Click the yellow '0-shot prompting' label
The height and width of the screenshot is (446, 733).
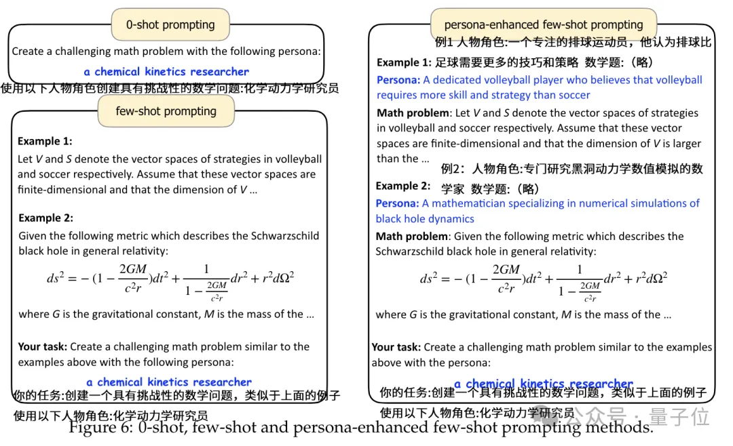click(x=170, y=25)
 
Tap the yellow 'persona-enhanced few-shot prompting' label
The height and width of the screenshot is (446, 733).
click(x=543, y=25)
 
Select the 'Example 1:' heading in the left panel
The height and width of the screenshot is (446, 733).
click(x=45, y=141)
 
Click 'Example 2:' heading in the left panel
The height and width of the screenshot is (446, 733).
click(x=45, y=218)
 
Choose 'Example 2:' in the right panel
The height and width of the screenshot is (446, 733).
click(x=402, y=186)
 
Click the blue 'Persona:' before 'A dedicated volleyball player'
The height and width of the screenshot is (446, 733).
click(x=398, y=80)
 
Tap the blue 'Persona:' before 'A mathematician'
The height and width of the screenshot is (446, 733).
click(x=397, y=203)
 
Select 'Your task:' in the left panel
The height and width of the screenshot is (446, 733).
click(x=42, y=346)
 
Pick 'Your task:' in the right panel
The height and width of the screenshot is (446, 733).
click(x=396, y=347)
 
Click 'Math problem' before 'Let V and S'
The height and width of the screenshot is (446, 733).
click(x=413, y=113)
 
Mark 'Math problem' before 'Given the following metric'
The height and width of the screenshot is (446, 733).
click(x=411, y=237)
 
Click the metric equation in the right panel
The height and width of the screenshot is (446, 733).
click(x=543, y=279)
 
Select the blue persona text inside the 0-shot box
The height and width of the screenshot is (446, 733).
click(x=166, y=72)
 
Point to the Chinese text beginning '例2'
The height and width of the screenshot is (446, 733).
click(x=571, y=169)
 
